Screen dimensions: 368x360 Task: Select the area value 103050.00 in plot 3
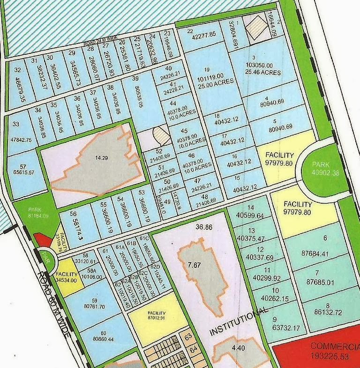pyautogui.click(x=262, y=65)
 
